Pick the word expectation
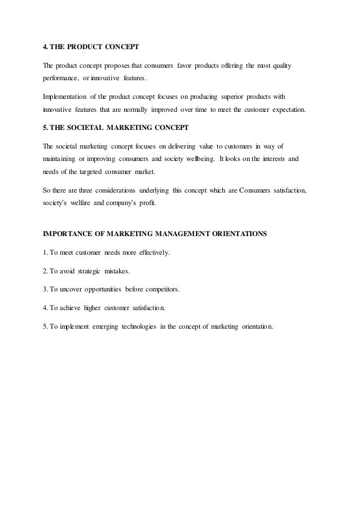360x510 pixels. (x=287, y=108)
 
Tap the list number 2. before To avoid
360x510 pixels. (x=46, y=271)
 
